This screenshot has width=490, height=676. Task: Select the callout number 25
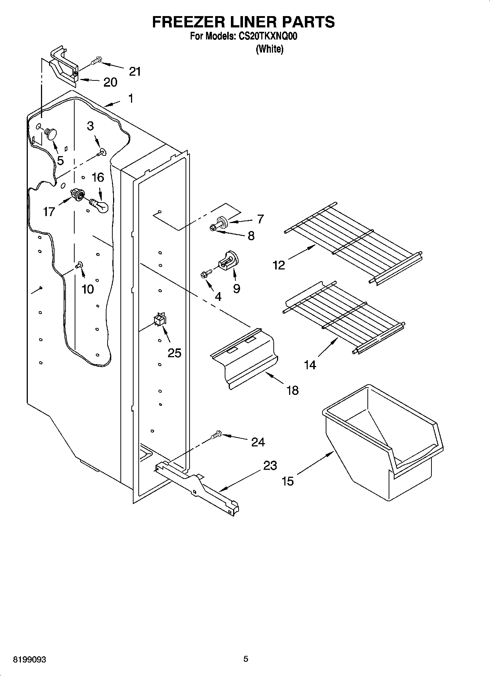175,353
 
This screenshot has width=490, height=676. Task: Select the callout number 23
270,465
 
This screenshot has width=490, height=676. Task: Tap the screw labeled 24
216,434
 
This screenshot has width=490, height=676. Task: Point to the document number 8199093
29,660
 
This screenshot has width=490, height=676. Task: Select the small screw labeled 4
206,273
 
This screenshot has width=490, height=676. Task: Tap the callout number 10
88,289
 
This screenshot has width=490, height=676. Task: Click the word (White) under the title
269,49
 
